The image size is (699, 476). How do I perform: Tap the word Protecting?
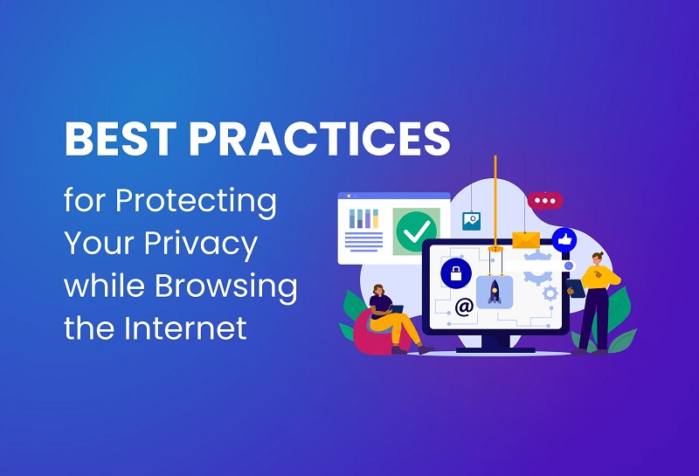(x=196, y=202)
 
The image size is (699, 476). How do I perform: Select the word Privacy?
(x=201, y=245)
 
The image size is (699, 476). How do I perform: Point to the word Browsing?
(x=226, y=286)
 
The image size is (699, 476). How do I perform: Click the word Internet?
(x=185, y=328)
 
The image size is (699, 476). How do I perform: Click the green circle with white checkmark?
(x=416, y=231)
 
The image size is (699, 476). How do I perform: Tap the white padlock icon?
(x=456, y=273)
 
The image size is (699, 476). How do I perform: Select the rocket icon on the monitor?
(x=495, y=292)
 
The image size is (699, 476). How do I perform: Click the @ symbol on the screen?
(x=464, y=307)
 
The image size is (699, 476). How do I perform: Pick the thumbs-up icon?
(x=564, y=240)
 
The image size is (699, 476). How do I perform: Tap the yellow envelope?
(x=526, y=240)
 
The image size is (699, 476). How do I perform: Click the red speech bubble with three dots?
(x=544, y=202)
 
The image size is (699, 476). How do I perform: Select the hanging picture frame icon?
(x=471, y=221)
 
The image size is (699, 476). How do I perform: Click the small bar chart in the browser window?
(x=363, y=218)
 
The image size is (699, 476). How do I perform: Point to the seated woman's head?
(x=378, y=291)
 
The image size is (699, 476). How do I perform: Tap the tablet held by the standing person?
(x=576, y=288)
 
